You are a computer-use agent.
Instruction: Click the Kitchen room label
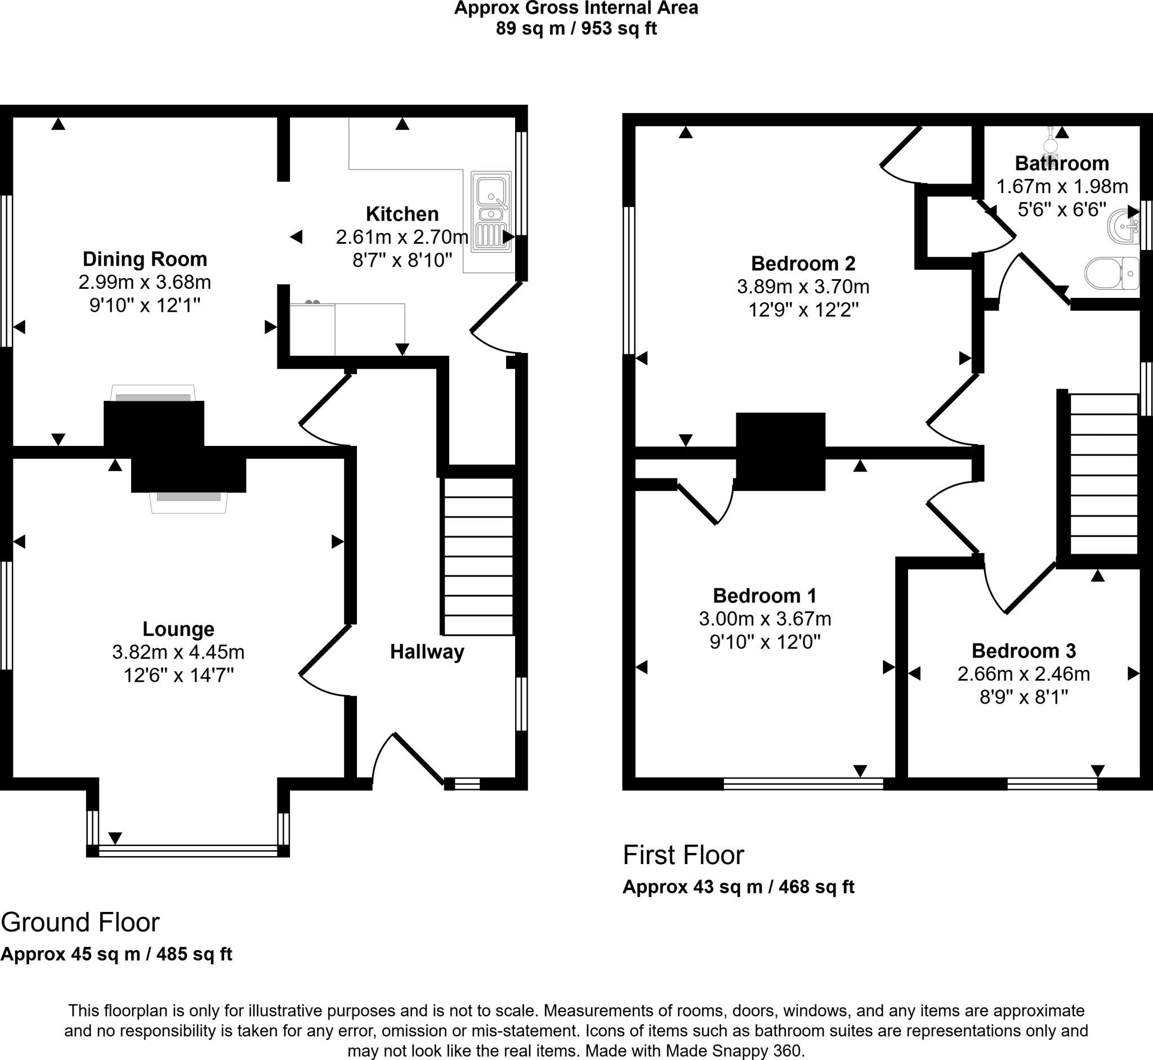click(x=402, y=214)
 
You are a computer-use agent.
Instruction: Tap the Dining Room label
click(x=145, y=259)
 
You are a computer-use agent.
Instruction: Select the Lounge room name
click(x=178, y=629)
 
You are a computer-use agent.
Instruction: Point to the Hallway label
click(x=427, y=652)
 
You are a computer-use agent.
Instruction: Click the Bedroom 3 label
click(x=1024, y=650)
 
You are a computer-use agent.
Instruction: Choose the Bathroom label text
click(x=1062, y=163)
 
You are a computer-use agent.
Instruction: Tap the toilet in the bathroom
click(x=1111, y=274)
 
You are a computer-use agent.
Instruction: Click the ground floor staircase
click(x=478, y=557)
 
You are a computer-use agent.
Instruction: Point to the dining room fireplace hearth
click(x=153, y=393)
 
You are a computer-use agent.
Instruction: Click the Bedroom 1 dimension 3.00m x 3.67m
click(x=765, y=618)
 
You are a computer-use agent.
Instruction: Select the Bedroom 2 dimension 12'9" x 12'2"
click(x=803, y=310)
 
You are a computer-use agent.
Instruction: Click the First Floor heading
click(x=683, y=855)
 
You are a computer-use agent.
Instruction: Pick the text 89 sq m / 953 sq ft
click(x=576, y=28)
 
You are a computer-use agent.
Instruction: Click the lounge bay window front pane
click(x=187, y=850)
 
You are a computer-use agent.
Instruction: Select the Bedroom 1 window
click(x=803, y=784)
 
